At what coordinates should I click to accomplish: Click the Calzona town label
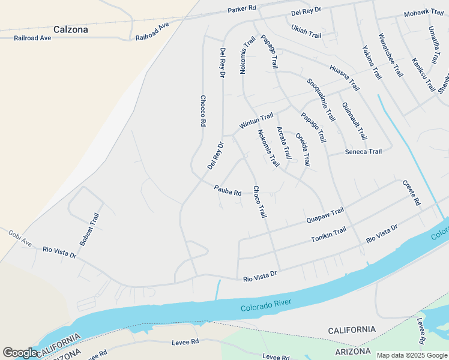70,29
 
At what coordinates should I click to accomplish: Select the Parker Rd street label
242,10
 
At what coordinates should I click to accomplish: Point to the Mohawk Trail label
423,13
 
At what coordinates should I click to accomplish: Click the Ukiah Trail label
306,31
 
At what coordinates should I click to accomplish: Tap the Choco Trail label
259,201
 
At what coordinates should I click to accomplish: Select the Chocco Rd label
203,110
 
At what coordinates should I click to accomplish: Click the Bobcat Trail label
89,229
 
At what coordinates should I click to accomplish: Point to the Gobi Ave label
19,238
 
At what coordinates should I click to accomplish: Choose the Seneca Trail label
363,152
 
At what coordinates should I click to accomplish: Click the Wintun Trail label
256,121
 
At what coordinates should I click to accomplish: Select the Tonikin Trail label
328,235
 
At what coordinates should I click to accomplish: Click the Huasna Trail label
344,77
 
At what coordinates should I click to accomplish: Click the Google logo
20,353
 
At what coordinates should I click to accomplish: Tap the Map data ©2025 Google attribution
412,355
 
